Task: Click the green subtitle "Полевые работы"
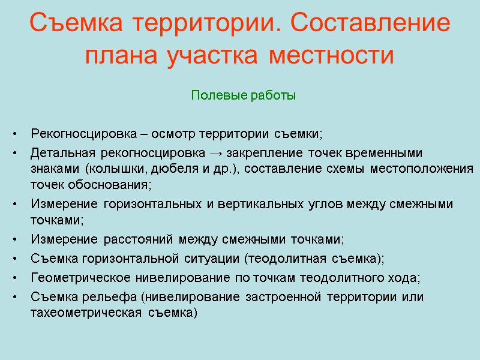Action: tap(244, 95)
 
